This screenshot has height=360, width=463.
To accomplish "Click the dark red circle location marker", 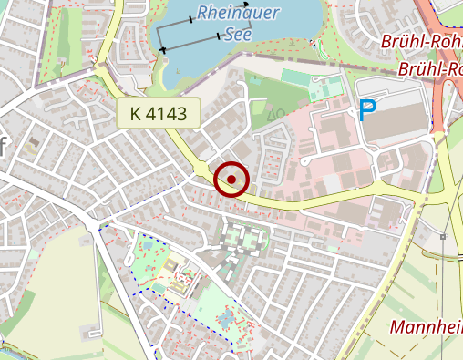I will click(x=231, y=180).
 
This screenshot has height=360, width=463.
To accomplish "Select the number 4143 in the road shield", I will click(x=167, y=114).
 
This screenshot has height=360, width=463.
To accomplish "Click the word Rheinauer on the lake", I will click(x=238, y=14).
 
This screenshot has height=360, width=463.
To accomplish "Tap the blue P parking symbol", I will click(x=367, y=111).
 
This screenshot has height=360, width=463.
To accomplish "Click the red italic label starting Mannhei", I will click(x=425, y=327).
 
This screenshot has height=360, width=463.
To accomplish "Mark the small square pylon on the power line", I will click(x=441, y=237).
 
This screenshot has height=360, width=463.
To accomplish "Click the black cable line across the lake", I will click(x=191, y=43).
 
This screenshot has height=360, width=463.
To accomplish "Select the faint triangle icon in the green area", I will click(x=271, y=114).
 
